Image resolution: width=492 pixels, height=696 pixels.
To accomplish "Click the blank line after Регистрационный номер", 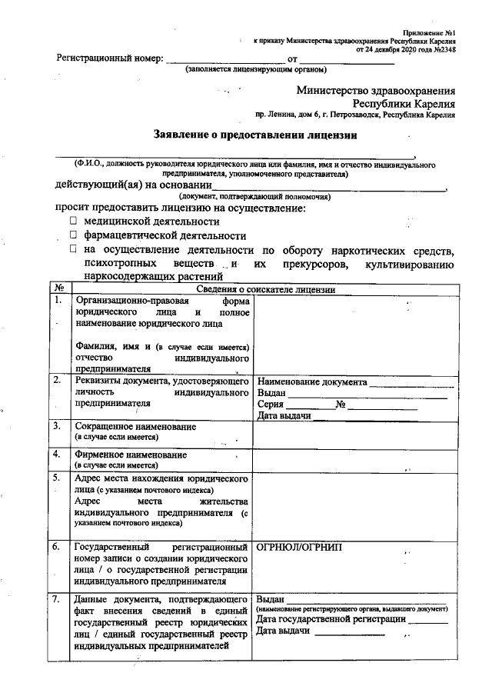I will coord(225,59).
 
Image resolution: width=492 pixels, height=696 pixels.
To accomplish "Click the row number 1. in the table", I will coord(57,301).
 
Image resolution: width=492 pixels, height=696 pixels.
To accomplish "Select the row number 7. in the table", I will coord(57,598).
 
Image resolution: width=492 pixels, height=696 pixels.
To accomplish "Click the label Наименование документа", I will coord(312,381).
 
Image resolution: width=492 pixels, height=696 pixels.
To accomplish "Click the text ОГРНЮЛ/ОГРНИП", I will coord(301,547).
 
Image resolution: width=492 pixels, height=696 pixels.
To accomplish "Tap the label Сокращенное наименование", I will coord(135,426).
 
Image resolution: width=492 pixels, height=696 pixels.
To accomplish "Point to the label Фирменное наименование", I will coord(131,455).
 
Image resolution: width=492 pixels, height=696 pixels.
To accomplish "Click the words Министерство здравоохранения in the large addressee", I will coord(375,90).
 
